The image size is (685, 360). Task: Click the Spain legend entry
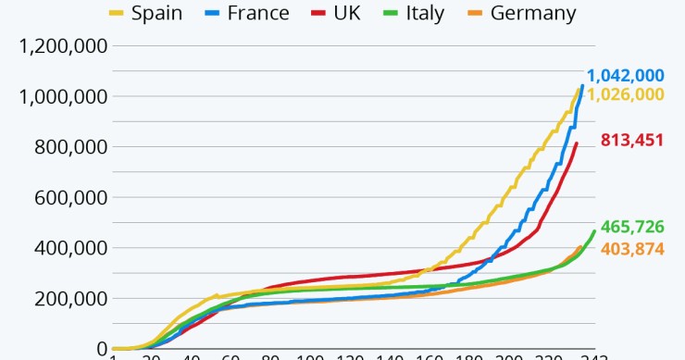pos(146,13)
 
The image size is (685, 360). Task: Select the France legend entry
pos(244,13)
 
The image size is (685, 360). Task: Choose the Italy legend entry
pos(410,13)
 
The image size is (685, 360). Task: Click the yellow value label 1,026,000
pos(625,94)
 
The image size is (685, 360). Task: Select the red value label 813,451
pos(632,141)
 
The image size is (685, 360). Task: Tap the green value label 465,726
pos(632,227)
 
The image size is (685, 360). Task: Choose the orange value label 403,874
pos(632,248)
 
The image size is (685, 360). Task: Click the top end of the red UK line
pos(577,143)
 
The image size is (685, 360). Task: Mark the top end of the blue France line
pos(582,85)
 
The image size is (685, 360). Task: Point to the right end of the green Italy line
pos(594,231)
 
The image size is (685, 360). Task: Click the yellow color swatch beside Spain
pos(117,13)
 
